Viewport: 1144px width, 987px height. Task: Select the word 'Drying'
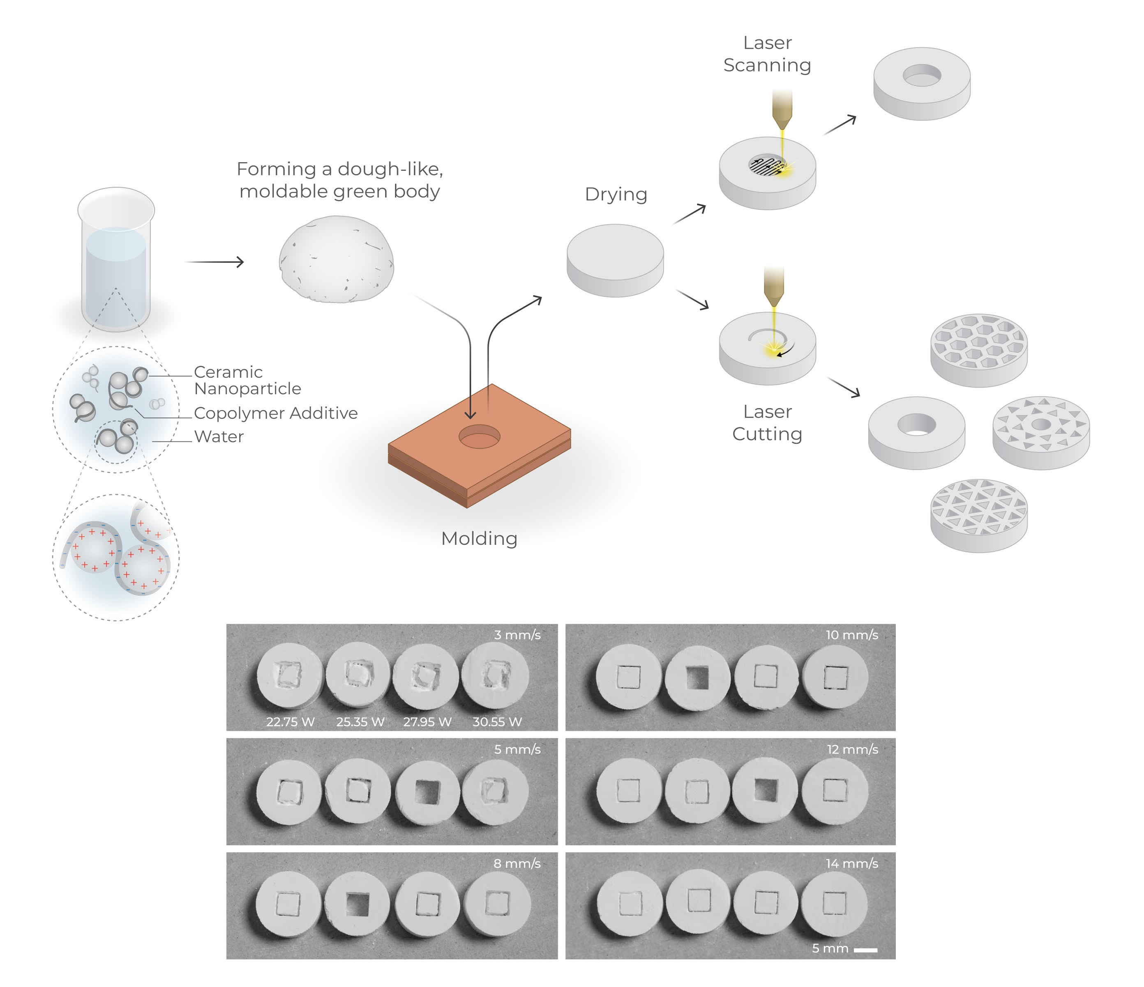(x=616, y=194)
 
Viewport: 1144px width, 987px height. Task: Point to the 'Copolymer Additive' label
(x=275, y=413)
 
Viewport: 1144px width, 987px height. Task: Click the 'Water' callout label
(x=219, y=436)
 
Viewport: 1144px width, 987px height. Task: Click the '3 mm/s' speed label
(x=517, y=635)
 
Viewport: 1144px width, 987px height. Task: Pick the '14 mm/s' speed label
(x=852, y=864)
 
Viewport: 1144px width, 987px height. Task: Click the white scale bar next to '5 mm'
(x=865, y=950)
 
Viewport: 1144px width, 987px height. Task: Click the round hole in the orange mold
(x=479, y=436)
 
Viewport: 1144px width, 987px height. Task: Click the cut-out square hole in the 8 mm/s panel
(x=357, y=904)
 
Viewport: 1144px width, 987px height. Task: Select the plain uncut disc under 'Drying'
(x=615, y=259)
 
